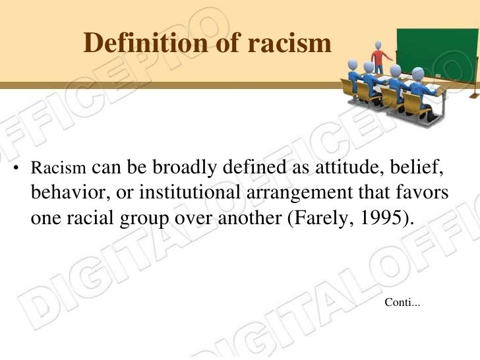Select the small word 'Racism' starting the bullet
point(55,169)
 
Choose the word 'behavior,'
point(65,193)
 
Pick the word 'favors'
point(421,193)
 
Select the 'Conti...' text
point(402,303)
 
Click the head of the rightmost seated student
point(418,73)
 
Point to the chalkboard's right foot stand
point(473,94)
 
